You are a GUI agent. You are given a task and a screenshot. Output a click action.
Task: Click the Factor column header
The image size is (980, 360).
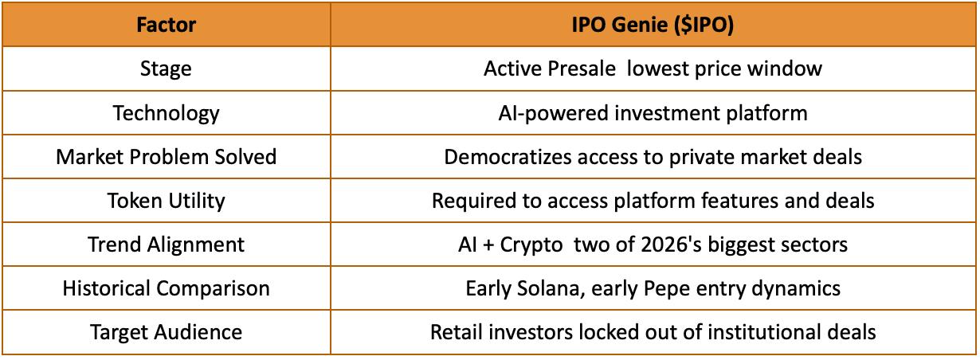pos(167,25)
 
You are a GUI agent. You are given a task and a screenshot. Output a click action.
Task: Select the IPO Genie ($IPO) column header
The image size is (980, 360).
pos(653,25)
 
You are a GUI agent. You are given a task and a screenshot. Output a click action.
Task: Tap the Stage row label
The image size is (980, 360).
pos(166,69)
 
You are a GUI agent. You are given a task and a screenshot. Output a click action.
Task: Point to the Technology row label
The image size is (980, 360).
pos(167,113)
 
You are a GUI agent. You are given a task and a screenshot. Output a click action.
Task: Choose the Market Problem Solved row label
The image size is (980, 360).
pos(167,157)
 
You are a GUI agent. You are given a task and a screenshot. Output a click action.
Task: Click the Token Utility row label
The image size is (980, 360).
pos(167,202)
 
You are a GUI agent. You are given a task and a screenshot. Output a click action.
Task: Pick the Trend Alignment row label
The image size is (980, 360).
pos(167,245)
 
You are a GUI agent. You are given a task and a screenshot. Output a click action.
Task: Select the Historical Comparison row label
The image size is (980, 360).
pos(167,288)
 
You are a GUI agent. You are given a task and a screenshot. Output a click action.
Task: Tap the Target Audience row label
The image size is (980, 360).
pos(167,332)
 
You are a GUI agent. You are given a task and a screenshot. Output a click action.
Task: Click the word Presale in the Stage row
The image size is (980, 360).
pos(582,68)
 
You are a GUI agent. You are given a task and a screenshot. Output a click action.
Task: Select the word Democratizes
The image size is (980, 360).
pos(508,157)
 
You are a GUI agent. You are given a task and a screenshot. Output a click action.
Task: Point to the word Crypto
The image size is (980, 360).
pos(531,245)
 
